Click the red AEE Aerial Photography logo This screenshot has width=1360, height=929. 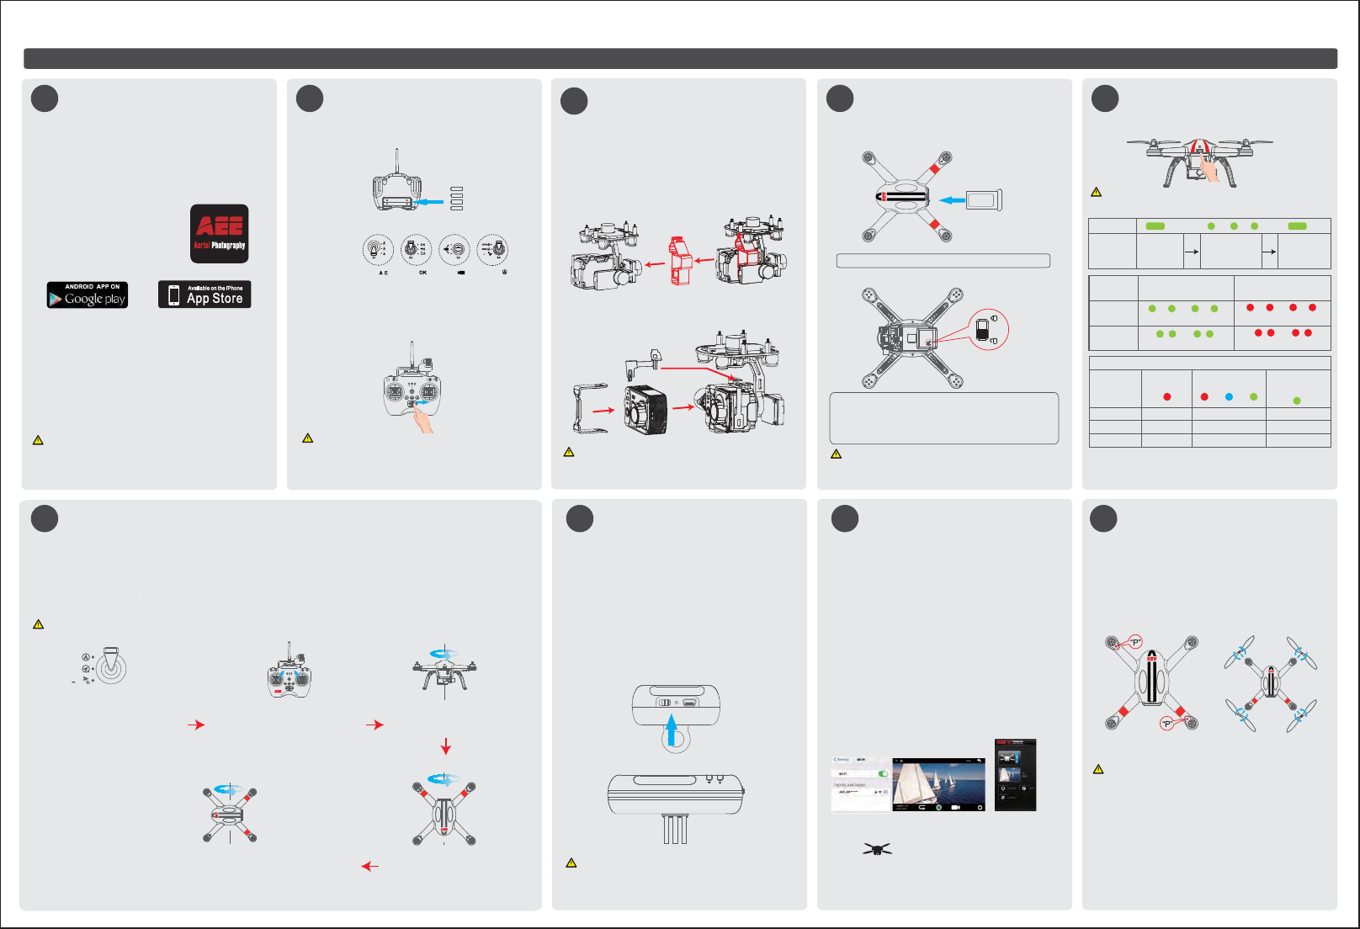(219, 233)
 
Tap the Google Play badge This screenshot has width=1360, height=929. (88, 295)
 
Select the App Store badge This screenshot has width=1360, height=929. (205, 295)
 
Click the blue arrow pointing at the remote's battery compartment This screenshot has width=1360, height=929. (430, 202)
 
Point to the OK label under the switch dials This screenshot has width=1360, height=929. (422, 273)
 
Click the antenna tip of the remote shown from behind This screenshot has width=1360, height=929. (396, 151)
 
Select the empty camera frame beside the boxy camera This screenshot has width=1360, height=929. (590, 408)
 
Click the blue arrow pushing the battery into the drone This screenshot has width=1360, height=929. (952, 200)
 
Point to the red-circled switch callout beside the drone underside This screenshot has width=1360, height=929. (987, 329)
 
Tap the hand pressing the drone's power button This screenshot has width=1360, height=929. (1209, 166)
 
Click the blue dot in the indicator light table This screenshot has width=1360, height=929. (1229, 396)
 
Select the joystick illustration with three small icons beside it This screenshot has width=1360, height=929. (109, 667)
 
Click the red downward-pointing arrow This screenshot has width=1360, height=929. (446, 746)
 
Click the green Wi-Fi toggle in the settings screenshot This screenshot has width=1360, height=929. (883, 773)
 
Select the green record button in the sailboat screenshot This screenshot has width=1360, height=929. (938, 807)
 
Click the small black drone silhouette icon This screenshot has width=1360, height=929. (877, 849)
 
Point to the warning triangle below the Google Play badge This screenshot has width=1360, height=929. (38, 440)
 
